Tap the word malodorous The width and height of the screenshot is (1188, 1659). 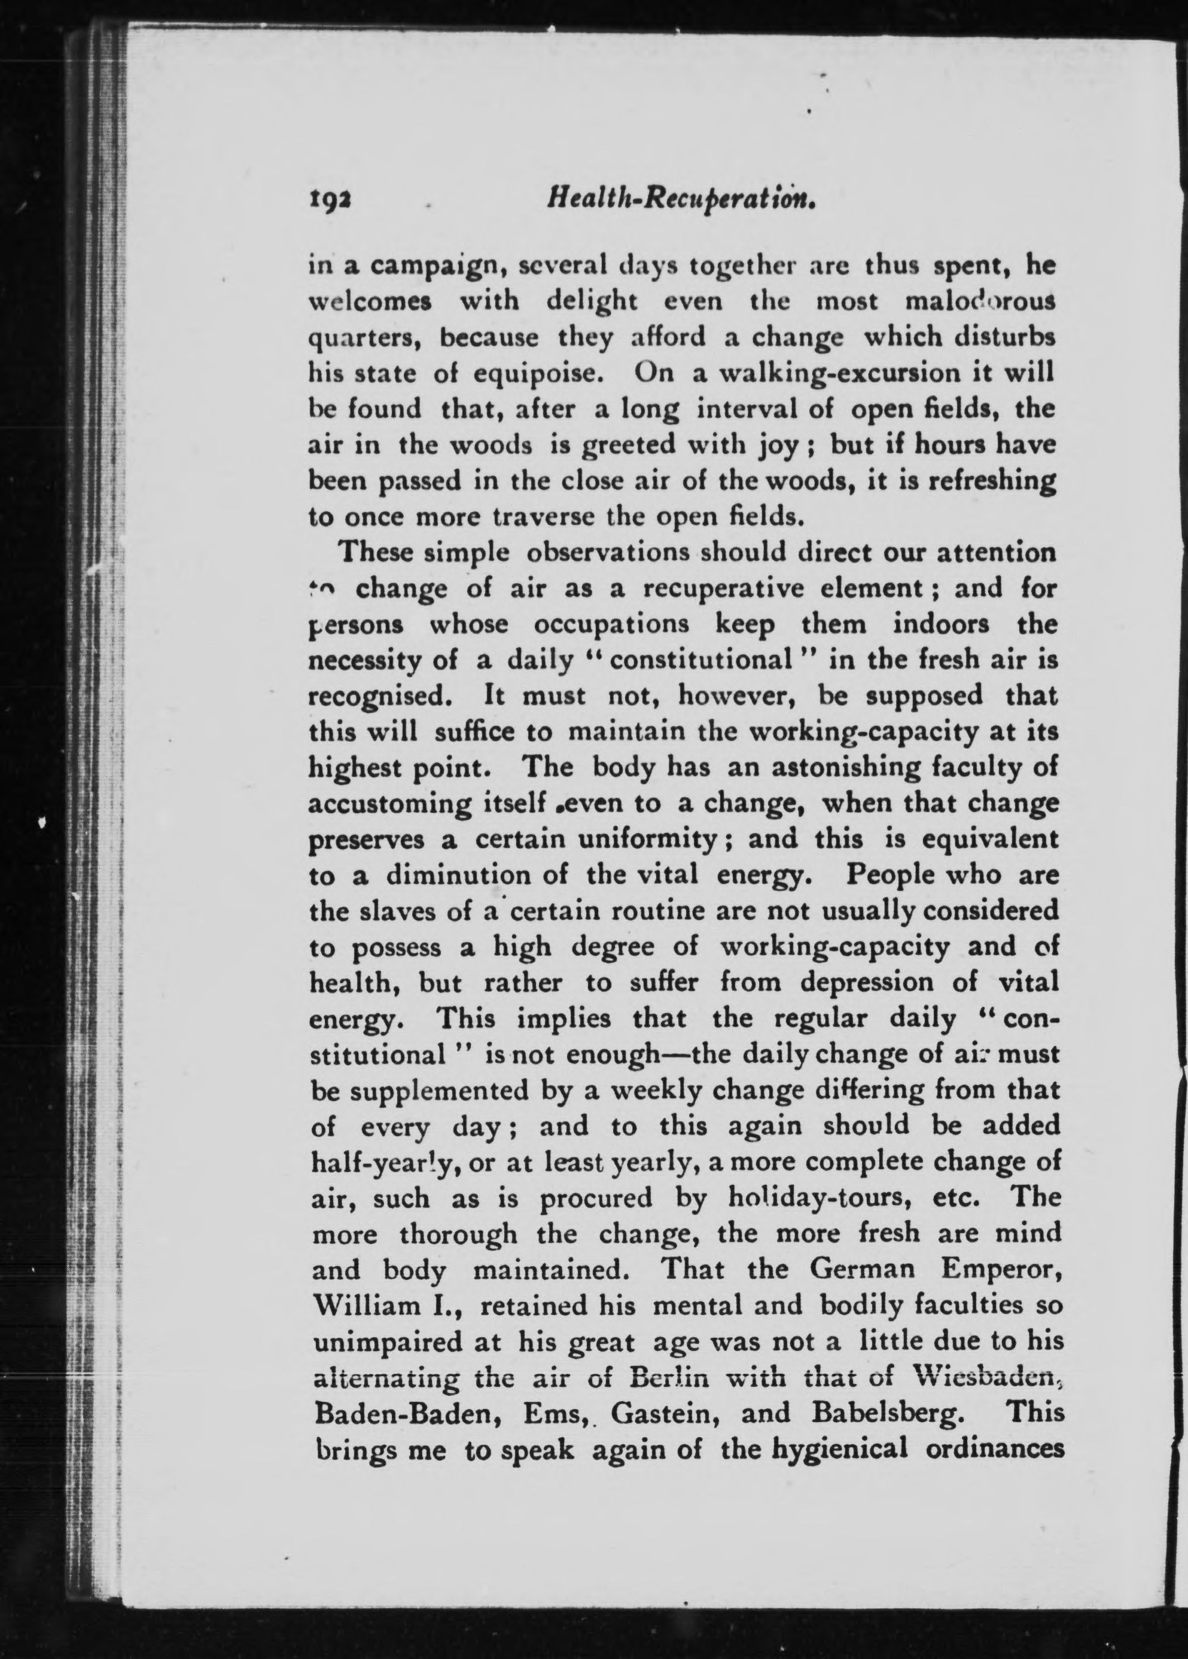tap(979, 301)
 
